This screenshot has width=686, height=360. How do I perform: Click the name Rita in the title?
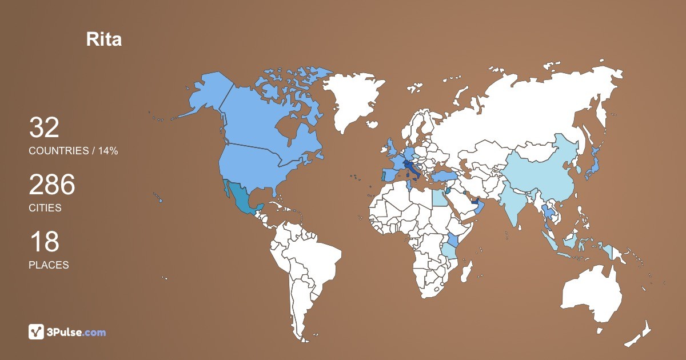103,39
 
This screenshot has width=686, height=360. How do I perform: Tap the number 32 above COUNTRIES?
44,128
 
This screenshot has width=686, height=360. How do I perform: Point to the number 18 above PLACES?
44,242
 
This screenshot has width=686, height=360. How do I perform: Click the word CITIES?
45,208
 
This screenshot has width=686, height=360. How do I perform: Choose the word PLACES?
49,265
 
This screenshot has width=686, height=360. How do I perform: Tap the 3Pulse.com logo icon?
36,331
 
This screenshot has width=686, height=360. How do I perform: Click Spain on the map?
390,174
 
